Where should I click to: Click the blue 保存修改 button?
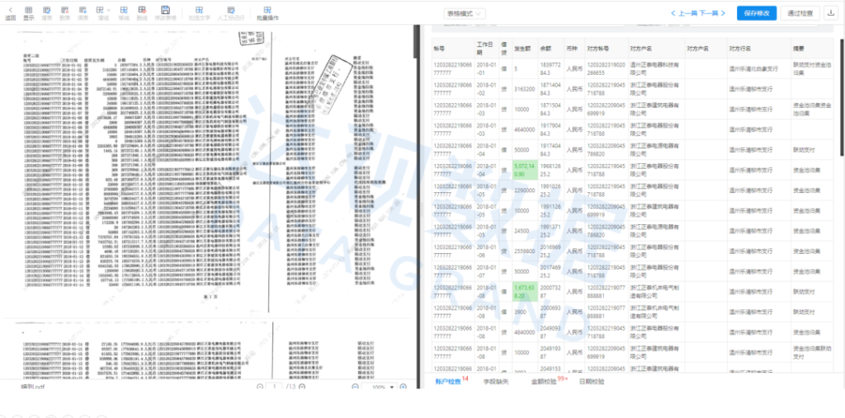(x=758, y=13)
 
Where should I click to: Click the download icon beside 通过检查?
(x=829, y=13)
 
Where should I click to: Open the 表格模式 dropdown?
(x=465, y=14)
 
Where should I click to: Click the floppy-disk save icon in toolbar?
(x=166, y=10)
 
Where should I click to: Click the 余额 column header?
(x=545, y=49)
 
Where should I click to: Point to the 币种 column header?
(x=572, y=49)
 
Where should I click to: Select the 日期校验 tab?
(x=591, y=382)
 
